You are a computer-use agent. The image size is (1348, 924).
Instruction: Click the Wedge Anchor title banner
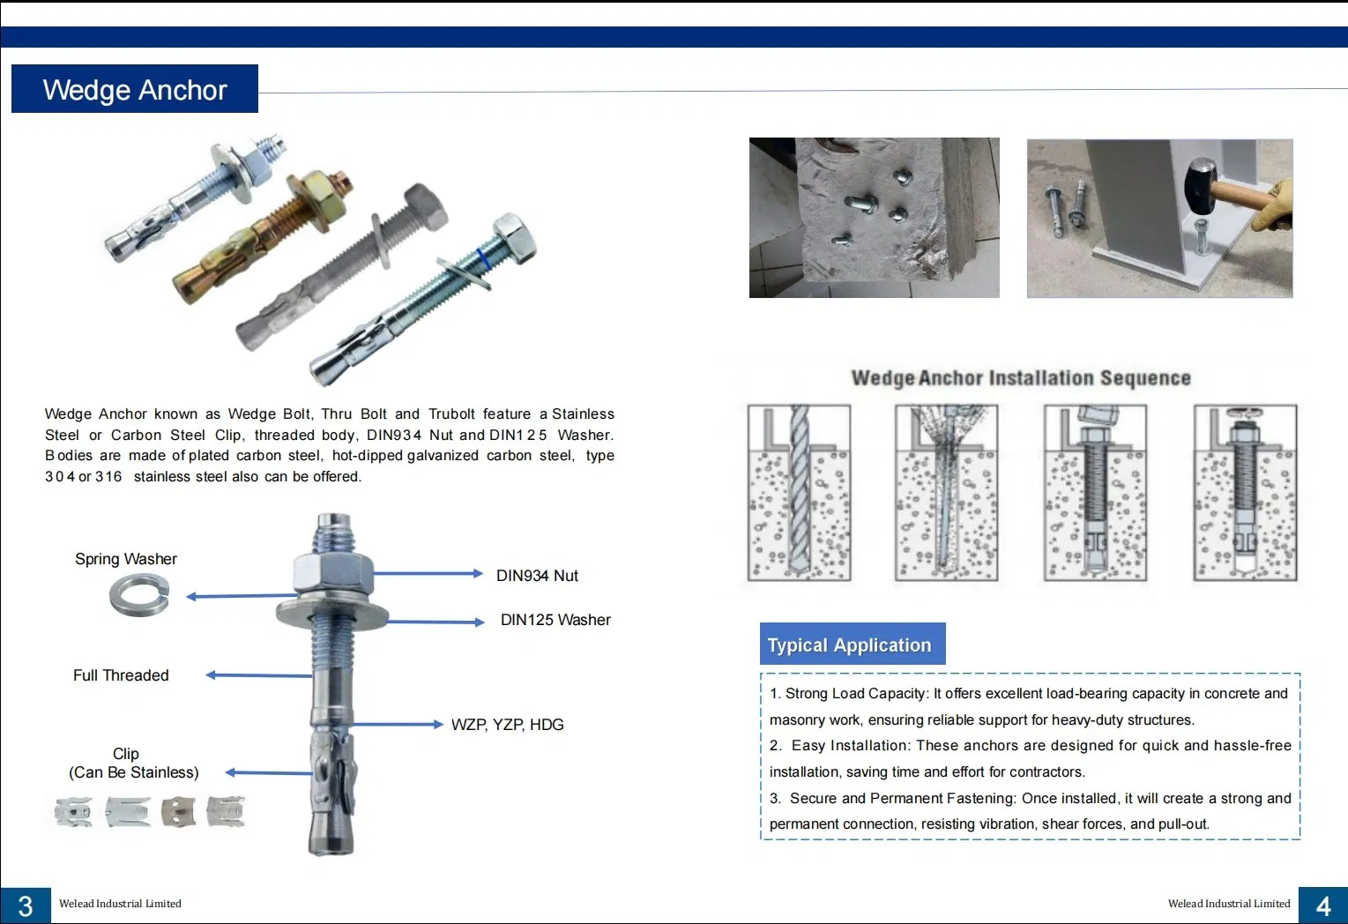134,89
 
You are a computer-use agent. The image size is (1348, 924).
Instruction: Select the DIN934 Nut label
537,576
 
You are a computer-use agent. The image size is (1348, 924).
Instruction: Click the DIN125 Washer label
555,620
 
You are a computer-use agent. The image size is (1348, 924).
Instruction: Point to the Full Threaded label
121,675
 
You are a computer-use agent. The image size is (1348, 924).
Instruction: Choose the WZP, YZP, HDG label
507,725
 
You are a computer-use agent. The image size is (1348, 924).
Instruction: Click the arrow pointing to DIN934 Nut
428,574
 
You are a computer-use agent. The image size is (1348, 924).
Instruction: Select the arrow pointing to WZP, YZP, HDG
397,725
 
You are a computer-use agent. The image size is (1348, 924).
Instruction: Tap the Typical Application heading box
852,645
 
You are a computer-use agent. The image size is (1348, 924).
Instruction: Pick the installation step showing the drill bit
799,493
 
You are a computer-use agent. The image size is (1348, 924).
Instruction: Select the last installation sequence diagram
1245,493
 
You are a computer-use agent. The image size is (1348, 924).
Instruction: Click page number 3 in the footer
26,905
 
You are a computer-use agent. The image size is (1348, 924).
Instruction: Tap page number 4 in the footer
1322,905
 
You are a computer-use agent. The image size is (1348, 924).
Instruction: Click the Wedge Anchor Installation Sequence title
1020,378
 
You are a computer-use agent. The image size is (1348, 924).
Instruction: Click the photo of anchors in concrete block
874,218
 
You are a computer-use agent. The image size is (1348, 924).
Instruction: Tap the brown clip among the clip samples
179,811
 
